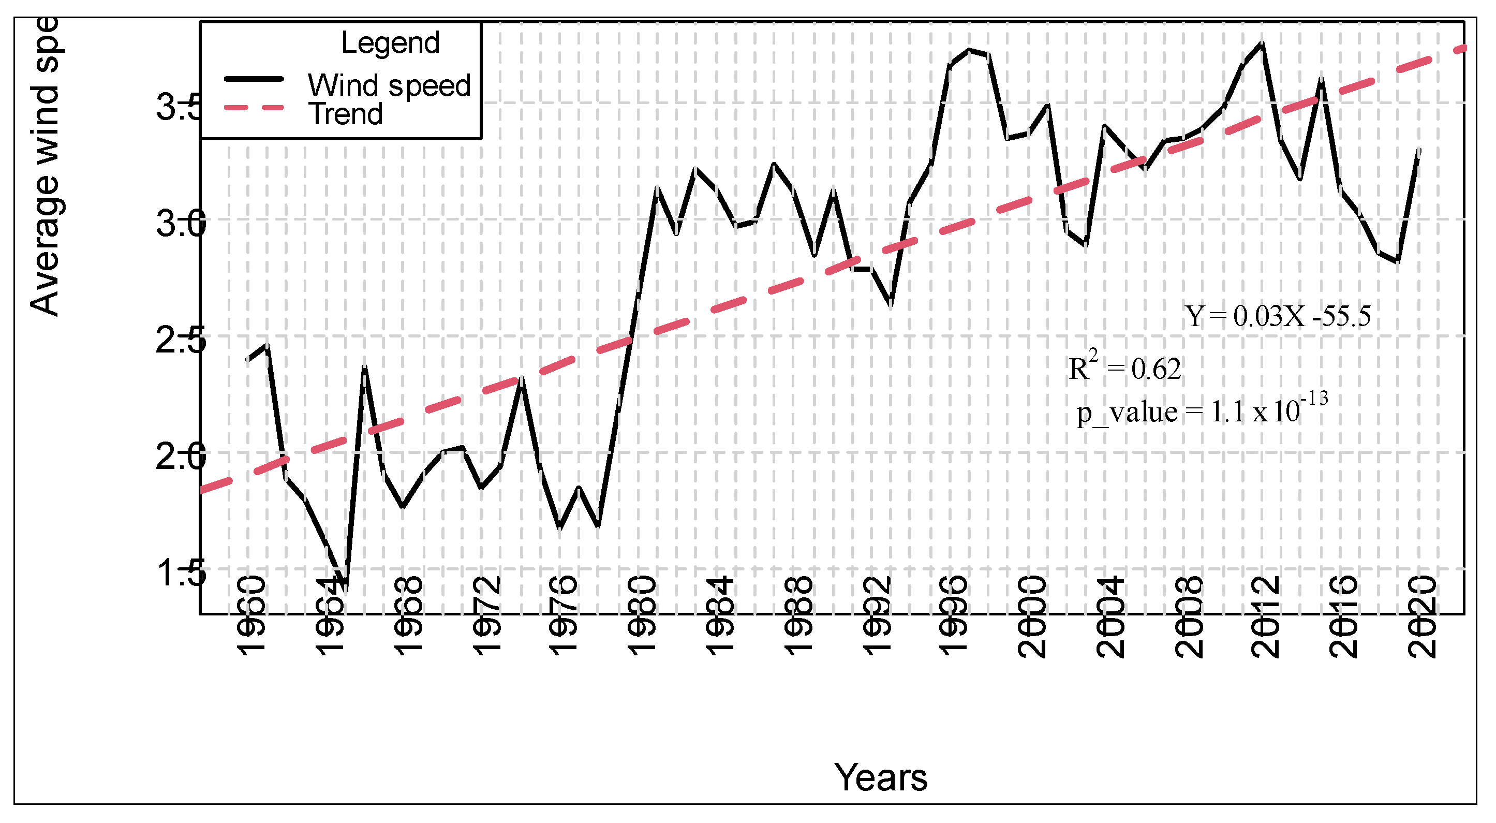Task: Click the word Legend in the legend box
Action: (x=390, y=43)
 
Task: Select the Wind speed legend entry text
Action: (x=389, y=86)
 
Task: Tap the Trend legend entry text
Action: (x=346, y=114)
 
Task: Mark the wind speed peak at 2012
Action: (x=1262, y=43)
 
